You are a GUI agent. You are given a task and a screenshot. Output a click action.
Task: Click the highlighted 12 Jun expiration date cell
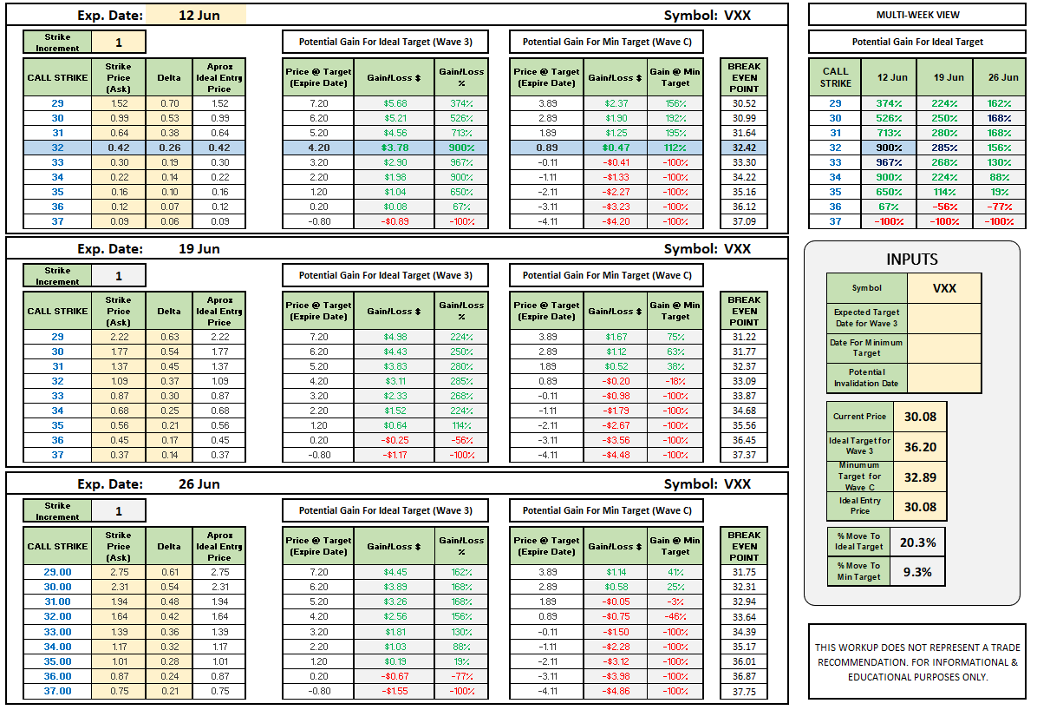(x=196, y=16)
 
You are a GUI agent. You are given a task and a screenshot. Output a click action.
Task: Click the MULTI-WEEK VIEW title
(x=917, y=15)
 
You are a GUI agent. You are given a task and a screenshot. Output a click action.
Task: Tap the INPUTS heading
(x=912, y=259)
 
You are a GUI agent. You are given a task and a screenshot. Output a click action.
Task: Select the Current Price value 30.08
(x=920, y=417)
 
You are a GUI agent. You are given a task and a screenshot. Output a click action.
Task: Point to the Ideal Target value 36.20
(x=920, y=447)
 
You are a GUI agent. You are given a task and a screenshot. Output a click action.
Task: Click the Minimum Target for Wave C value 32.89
(x=920, y=477)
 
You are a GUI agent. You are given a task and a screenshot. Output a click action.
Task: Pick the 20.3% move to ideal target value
(x=917, y=542)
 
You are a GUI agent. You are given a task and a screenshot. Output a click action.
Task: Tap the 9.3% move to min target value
(x=917, y=572)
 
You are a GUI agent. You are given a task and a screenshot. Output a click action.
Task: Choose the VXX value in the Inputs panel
(x=944, y=288)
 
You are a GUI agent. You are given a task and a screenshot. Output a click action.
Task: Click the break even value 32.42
(x=744, y=148)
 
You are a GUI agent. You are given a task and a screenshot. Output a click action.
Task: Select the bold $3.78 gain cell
(x=395, y=148)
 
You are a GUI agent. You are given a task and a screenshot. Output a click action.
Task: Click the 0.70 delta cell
(x=169, y=103)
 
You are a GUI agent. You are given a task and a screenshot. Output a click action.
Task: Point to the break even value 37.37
(x=744, y=455)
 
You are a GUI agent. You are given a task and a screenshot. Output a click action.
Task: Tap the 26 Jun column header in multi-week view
(x=1003, y=77)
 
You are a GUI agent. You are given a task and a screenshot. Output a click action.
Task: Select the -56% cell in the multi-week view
(x=945, y=207)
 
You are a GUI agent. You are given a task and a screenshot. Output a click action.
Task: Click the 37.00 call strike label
(x=57, y=691)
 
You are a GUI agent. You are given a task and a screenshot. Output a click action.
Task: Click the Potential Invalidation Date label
(x=866, y=378)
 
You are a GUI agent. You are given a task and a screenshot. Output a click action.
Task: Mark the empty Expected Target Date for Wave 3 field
(x=944, y=318)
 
